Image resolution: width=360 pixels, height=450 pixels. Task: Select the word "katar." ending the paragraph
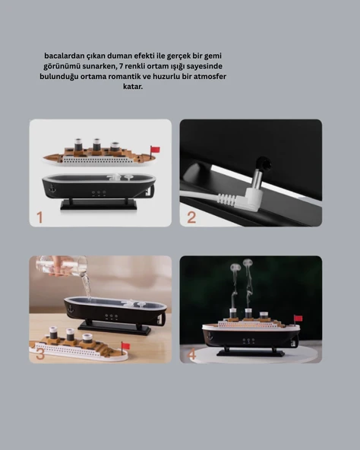point(132,87)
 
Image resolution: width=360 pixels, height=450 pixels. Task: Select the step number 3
point(39,353)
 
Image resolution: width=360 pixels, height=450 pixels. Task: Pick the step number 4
point(191,353)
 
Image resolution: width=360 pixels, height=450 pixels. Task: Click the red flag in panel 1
point(155,149)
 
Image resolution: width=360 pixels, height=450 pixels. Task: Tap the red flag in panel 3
point(125,346)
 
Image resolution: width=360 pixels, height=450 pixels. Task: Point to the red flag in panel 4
point(298,318)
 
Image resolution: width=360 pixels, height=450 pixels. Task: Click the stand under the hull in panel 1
point(99,204)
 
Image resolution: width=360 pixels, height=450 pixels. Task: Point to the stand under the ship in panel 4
point(250,352)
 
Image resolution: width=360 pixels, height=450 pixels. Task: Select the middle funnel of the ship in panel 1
point(96,145)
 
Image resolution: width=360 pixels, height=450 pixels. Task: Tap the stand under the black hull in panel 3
point(114,328)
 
